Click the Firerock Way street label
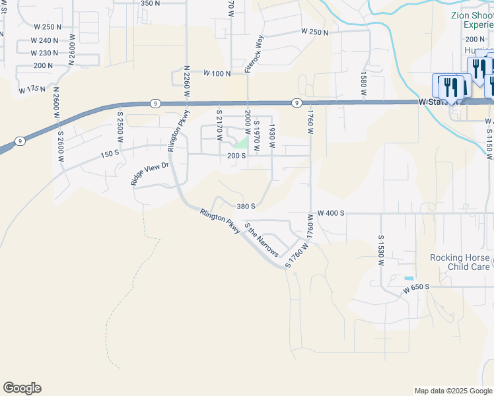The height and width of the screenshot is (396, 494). coord(255,53)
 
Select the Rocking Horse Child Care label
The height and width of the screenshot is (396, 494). coord(460,262)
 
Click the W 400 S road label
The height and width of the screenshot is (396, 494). coord(332,213)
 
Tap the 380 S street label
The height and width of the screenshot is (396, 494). coord(246,206)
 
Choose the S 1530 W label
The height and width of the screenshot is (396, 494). coord(381,250)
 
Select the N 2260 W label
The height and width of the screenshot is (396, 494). coord(187,81)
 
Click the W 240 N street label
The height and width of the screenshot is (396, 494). coord(44,40)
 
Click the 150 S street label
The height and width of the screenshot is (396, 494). coord(109,154)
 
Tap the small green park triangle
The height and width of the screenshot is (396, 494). coord(242,143)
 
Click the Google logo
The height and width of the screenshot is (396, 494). coord(22,388)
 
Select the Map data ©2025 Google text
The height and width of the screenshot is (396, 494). coord(452,391)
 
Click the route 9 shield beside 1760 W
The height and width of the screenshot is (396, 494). coord(297,102)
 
